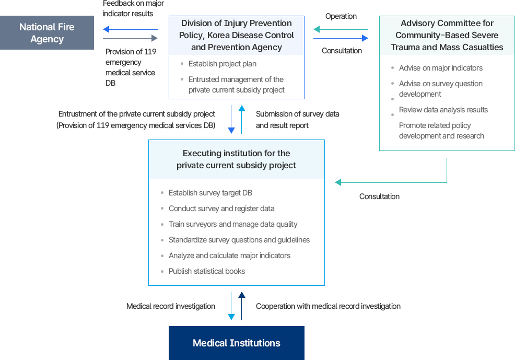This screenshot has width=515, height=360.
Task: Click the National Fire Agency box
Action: [x=47, y=32]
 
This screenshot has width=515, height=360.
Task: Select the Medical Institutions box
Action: [x=236, y=343]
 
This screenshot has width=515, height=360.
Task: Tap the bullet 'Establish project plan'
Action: [x=222, y=64]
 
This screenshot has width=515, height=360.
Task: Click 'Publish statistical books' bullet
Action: [x=206, y=271]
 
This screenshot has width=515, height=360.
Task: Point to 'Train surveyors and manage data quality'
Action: [x=232, y=224]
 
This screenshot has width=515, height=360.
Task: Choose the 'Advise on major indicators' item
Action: [x=440, y=68]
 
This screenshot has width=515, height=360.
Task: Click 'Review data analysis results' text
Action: [x=443, y=110]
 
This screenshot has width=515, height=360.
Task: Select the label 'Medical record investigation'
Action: [x=171, y=306]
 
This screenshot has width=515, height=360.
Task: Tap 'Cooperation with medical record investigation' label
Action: [x=328, y=306]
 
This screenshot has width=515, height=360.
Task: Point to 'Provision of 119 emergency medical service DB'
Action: [x=131, y=67]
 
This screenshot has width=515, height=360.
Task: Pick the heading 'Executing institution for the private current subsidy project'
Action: [x=236, y=159]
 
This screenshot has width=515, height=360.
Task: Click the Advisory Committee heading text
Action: [x=447, y=35]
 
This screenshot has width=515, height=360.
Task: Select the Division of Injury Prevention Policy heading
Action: [x=236, y=35]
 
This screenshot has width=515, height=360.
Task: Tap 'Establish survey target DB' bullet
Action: [x=210, y=193]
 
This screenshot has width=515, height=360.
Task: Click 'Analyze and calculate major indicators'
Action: [x=229, y=256]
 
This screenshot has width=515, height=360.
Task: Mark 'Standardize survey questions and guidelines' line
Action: [x=239, y=240]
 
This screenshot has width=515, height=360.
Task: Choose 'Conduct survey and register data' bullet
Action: [x=221, y=208]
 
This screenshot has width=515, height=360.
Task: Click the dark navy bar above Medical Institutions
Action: [x=242, y=306]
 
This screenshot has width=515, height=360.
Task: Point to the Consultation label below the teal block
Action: [x=379, y=196]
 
